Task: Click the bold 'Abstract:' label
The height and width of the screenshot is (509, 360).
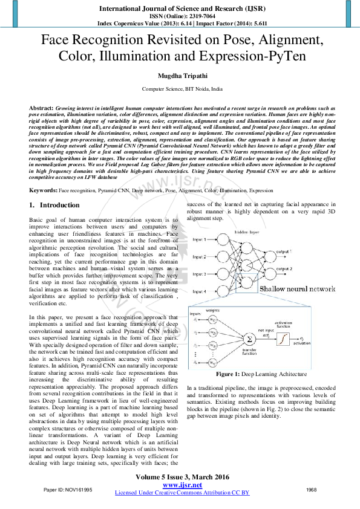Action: coord(41,107)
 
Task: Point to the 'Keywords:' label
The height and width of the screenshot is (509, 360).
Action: coord(44,190)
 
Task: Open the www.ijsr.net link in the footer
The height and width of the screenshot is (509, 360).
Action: coord(182,485)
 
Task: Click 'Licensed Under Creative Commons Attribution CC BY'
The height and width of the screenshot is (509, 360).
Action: coord(182,493)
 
